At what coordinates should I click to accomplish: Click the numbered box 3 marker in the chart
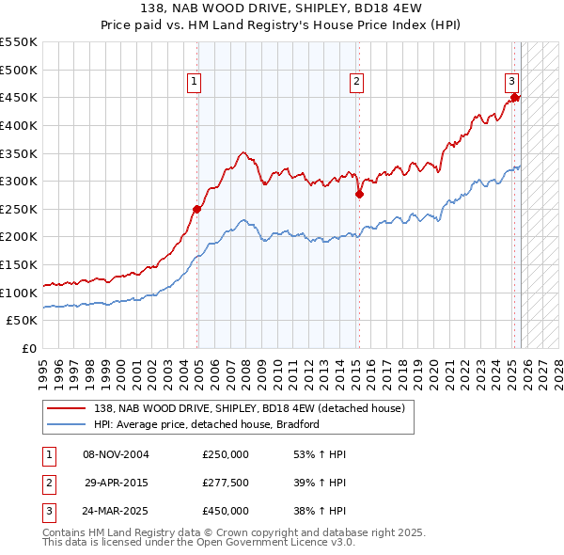[512, 82]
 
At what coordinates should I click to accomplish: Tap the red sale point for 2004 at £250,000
[196, 209]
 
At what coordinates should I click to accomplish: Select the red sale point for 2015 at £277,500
[359, 194]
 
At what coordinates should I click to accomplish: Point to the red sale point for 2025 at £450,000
[514, 97]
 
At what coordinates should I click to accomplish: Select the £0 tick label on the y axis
[29, 348]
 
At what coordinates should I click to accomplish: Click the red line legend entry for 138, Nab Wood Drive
[249, 408]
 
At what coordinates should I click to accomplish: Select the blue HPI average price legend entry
[207, 424]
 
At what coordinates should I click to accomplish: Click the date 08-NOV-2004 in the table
[117, 454]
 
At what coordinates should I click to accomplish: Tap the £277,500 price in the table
[226, 483]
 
